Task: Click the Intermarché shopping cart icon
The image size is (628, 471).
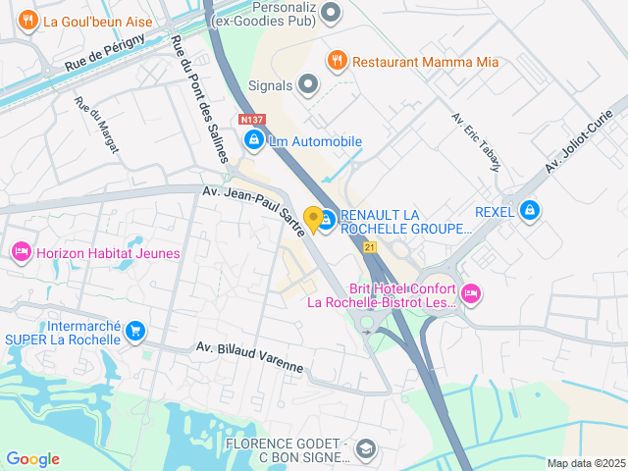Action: (135, 332)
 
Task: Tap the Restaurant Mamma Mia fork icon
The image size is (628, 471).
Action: (337, 61)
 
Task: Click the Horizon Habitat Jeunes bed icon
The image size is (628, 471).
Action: (21, 253)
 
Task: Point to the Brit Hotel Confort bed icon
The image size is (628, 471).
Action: (471, 292)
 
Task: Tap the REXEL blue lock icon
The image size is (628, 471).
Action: (530, 210)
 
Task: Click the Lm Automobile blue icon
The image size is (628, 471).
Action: (254, 141)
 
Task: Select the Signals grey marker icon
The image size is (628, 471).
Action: (309, 85)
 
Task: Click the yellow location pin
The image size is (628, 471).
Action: (314, 220)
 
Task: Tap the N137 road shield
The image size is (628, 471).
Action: (250, 120)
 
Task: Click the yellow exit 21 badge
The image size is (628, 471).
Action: (370, 247)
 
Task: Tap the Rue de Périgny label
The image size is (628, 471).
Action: (105, 51)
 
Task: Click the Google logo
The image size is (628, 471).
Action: (32, 459)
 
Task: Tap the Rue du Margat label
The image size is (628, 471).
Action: (96, 124)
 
